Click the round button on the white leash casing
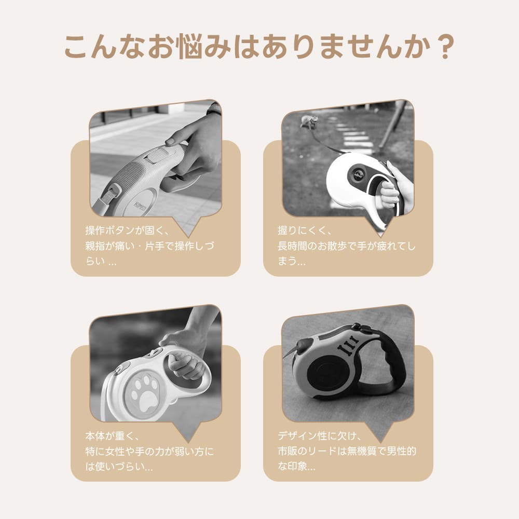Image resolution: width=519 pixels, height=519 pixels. point(358,174)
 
